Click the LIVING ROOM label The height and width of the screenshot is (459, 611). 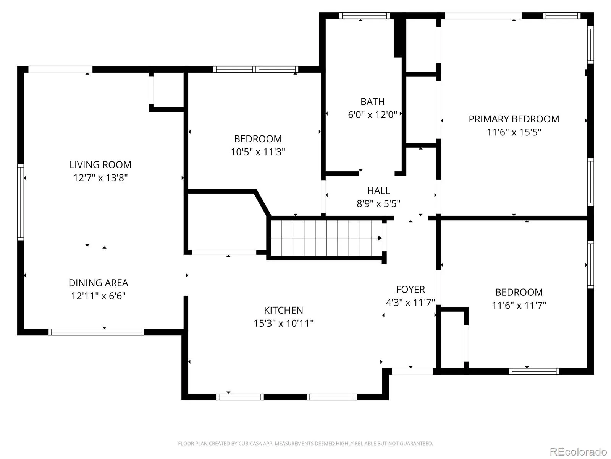click(x=100, y=165)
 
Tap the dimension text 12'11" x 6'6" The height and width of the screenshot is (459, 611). click(x=98, y=296)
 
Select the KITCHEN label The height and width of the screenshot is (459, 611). click(x=283, y=310)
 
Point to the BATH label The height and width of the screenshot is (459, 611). click(x=372, y=101)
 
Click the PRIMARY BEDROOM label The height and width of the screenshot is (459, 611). click(x=514, y=119)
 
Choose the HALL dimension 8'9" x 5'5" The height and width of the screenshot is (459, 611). click(x=378, y=204)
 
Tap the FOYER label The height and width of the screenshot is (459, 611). click(x=411, y=290)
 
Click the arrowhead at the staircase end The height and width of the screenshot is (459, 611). click(x=380, y=238)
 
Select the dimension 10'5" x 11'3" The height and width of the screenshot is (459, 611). click(x=258, y=152)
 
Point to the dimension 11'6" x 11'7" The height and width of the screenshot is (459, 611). click(x=519, y=305)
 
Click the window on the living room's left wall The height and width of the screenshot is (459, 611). click(x=21, y=202)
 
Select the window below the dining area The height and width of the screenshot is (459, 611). click(x=96, y=332)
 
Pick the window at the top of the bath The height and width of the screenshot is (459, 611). click(x=364, y=16)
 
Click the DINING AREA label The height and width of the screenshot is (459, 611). click(x=98, y=283)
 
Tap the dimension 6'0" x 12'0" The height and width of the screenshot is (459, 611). click(x=372, y=114)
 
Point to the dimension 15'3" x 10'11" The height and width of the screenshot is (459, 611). click(x=283, y=323)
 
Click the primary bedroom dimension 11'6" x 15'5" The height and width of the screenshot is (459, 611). click(x=514, y=132)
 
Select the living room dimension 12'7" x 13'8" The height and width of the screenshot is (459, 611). click(x=100, y=178)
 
